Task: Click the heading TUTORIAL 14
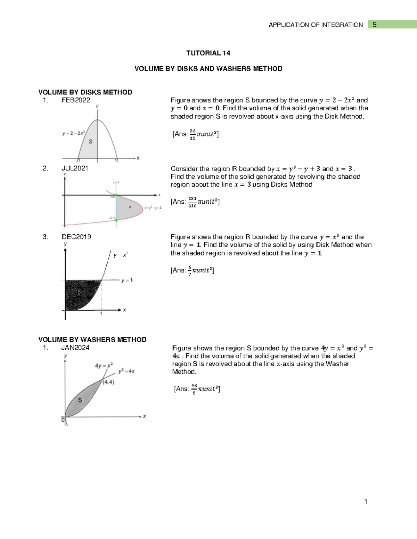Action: tap(208, 53)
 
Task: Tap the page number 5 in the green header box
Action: tap(375, 25)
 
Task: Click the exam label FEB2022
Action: tap(76, 100)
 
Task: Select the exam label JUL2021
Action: tap(75, 168)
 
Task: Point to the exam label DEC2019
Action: tap(76, 237)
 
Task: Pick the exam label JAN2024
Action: tap(75, 347)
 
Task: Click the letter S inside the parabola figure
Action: tap(91, 141)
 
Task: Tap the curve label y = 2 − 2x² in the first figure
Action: tap(74, 133)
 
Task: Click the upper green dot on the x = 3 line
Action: tap(116, 195)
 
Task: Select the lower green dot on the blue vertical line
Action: tap(116, 220)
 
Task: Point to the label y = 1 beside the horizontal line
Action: tap(127, 280)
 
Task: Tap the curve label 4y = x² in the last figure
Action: tap(104, 365)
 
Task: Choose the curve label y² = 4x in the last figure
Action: tap(126, 371)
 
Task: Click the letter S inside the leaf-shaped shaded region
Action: tap(80, 400)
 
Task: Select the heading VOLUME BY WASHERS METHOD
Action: tap(92, 339)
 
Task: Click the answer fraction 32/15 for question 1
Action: tap(193, 134)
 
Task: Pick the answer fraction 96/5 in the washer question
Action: tap(194, 389)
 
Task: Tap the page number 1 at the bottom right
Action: tap(366, 501)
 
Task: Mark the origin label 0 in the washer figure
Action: tap(63, 420)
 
